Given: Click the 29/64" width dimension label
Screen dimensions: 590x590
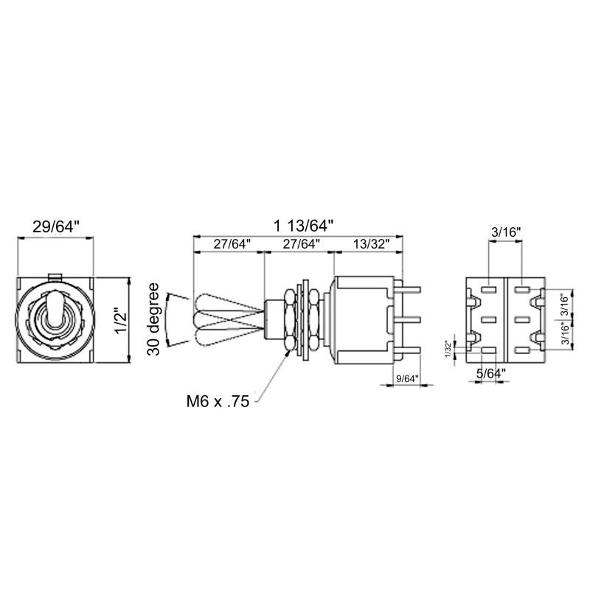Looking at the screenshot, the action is point(56,227).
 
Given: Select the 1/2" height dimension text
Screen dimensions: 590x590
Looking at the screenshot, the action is point(122,321).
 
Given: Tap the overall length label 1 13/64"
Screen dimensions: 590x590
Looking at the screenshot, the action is point(303,226).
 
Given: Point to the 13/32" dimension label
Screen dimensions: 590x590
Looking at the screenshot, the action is point(371,244).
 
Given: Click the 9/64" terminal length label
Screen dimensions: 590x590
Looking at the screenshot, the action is point(407,378).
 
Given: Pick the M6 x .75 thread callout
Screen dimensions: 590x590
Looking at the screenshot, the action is point(218,401).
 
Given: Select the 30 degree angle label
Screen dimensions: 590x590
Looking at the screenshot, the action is point(153,319).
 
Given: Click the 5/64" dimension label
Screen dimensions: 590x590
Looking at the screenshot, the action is point(491,374).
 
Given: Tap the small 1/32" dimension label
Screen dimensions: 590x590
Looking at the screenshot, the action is point(448,350).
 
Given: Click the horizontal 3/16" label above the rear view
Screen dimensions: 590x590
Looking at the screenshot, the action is point(506,232).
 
